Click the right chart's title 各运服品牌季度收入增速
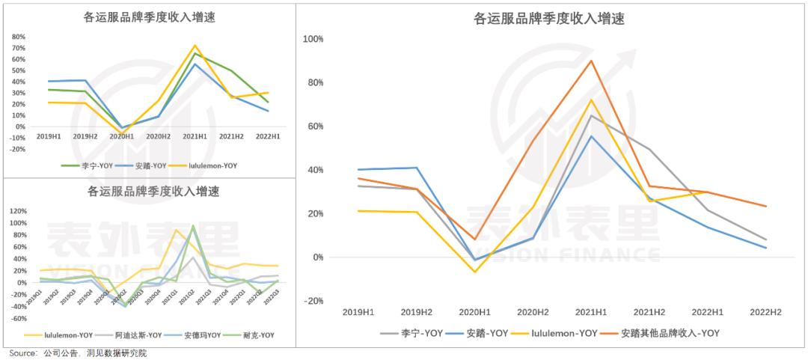(549, 19)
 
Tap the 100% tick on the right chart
(313, 38)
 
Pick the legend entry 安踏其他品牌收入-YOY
(670, 333)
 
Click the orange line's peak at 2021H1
(591, 61)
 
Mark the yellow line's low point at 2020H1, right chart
(474, 272)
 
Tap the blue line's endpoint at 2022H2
(765, 248)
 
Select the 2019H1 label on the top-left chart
(49, 138)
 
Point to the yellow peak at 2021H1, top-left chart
(195, 46)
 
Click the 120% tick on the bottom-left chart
(17, 211)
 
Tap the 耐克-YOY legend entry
(257, 335)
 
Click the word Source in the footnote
(22, 353)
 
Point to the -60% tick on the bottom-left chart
(18, 318)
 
